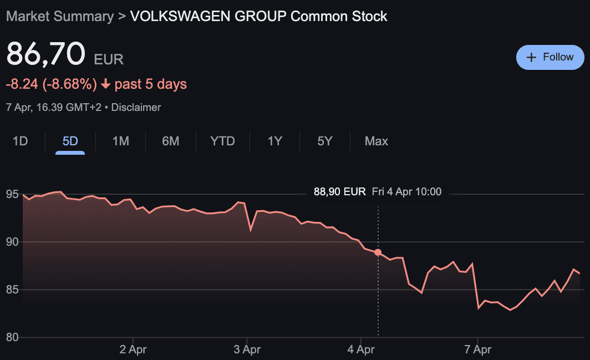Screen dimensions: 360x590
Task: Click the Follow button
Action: coord(550,57)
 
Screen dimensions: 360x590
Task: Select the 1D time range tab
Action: coord(21,141)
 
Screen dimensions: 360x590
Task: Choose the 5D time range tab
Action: coord(70,141)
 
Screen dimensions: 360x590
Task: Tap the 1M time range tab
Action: coord(120,141)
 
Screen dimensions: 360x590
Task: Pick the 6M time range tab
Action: coord(170,141)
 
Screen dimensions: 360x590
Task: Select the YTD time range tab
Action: coord(222,141)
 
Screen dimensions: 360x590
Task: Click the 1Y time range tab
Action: coord(275,141)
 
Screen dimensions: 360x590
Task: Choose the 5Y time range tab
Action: coord(325,141)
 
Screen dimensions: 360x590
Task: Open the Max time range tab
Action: coord(377,141)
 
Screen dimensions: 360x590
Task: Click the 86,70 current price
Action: coord(45,54)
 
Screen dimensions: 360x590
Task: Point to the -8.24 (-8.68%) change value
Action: coord(51,84)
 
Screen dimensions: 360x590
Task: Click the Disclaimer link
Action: coord(136,107)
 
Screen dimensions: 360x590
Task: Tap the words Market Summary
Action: coord(59,16)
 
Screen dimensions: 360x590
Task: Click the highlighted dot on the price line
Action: coord(378,252)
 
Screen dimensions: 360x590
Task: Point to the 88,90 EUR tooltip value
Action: coord(339,192)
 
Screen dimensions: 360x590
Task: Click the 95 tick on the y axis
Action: coord(12,195)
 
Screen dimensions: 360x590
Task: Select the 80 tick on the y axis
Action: coord(12,337)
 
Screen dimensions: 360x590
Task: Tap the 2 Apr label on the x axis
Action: coord(133,350)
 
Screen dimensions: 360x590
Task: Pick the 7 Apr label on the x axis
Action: coord(477,350)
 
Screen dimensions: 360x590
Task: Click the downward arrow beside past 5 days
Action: coord(105,85)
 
